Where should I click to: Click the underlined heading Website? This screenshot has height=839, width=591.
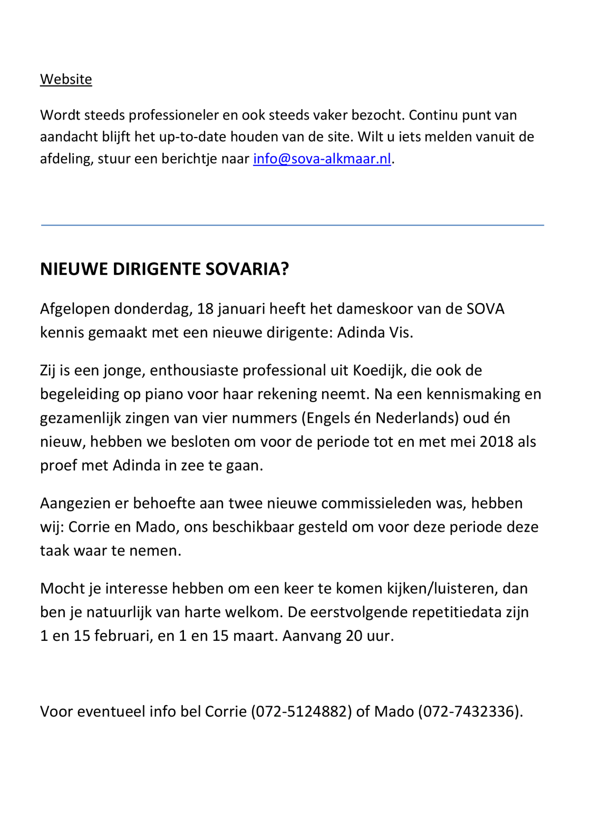pos(66,79)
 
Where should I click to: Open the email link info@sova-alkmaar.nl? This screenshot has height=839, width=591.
pos(322,159)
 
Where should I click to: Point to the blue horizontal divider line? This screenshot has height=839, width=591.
pos(292,225)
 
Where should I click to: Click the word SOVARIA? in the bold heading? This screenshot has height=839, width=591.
pos(247,269)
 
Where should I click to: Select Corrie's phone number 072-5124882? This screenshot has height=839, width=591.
pos(301,711)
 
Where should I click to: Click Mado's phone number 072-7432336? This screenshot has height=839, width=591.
pos(469,711)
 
